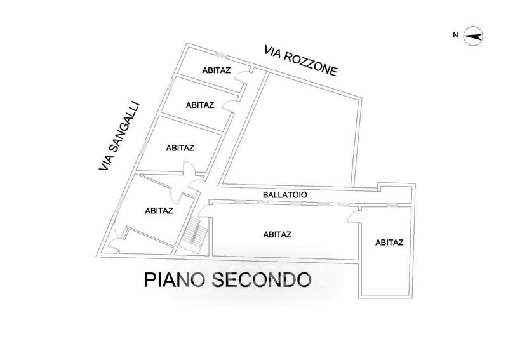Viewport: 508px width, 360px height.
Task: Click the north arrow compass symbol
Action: click(473, 36)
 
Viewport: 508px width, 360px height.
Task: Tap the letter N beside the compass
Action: click(455, 35)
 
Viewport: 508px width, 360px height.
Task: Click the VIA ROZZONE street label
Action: click(301, 60)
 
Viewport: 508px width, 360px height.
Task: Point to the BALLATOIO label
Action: click(284, 195)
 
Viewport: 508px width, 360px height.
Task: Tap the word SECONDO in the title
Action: click(262, 280)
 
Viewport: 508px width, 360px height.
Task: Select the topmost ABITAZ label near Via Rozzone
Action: click(217, 70)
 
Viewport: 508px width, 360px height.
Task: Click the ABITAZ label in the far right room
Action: click(389, 243)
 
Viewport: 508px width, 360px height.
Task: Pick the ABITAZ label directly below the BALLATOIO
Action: click(277, 234)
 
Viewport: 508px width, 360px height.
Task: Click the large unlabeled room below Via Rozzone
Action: click(291, 130)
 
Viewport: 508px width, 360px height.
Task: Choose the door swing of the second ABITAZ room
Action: click(229, 106)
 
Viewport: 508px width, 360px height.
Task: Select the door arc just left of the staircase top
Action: click(204, 211)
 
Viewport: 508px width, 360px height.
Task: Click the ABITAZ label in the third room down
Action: click(180, 148)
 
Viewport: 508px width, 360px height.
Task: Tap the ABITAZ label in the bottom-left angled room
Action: click(159, 211)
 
